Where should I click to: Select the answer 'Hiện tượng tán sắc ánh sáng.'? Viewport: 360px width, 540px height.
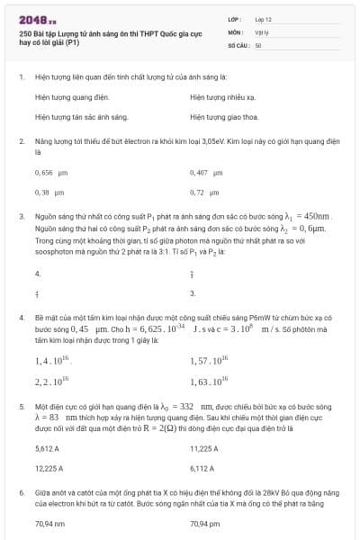tap(82, 117)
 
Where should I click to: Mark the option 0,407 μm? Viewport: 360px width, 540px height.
tap(206, 171)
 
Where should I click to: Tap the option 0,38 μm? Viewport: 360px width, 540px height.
tap(49, 193)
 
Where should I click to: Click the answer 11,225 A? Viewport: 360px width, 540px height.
tap(204, 447)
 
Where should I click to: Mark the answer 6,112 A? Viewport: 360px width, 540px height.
tap(202, 469)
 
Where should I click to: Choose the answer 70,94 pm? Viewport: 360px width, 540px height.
tap(205, 523)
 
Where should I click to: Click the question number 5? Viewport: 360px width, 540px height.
tap(22, 407)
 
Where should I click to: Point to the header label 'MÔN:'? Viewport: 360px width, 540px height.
tap(235, 31)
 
